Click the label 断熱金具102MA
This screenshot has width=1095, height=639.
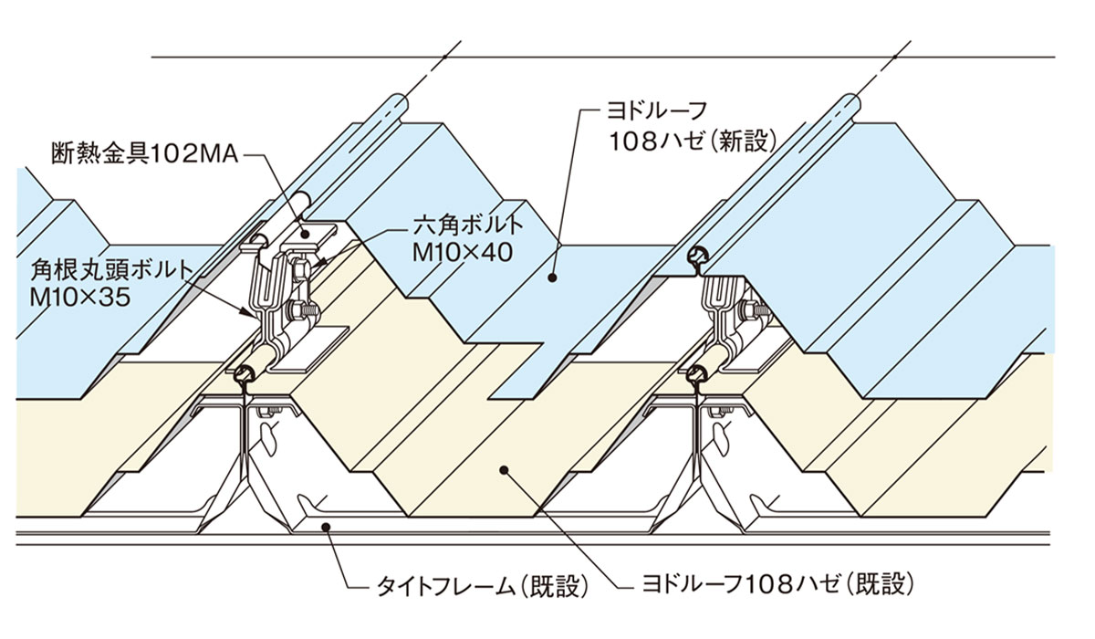pos(145,154)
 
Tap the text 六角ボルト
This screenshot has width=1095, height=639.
pos(468,225)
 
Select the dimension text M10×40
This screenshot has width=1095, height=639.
pos(463,253)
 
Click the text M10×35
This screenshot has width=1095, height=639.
pos(80,297)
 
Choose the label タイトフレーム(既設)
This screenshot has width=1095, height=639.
pos(482,587)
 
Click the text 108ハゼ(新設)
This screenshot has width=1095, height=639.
pos(693,141)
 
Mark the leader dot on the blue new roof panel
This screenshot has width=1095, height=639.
pos(552,278)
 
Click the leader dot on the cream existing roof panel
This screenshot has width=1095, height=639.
pos(504,470)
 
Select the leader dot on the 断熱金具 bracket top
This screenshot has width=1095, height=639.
pos(306,235)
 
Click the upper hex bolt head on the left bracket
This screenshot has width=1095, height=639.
pos(298,270)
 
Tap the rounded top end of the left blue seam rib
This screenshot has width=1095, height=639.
pos(400,104)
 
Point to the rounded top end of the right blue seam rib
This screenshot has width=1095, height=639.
pos(850,105)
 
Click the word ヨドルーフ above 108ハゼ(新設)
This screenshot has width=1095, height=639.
pos(657,110)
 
